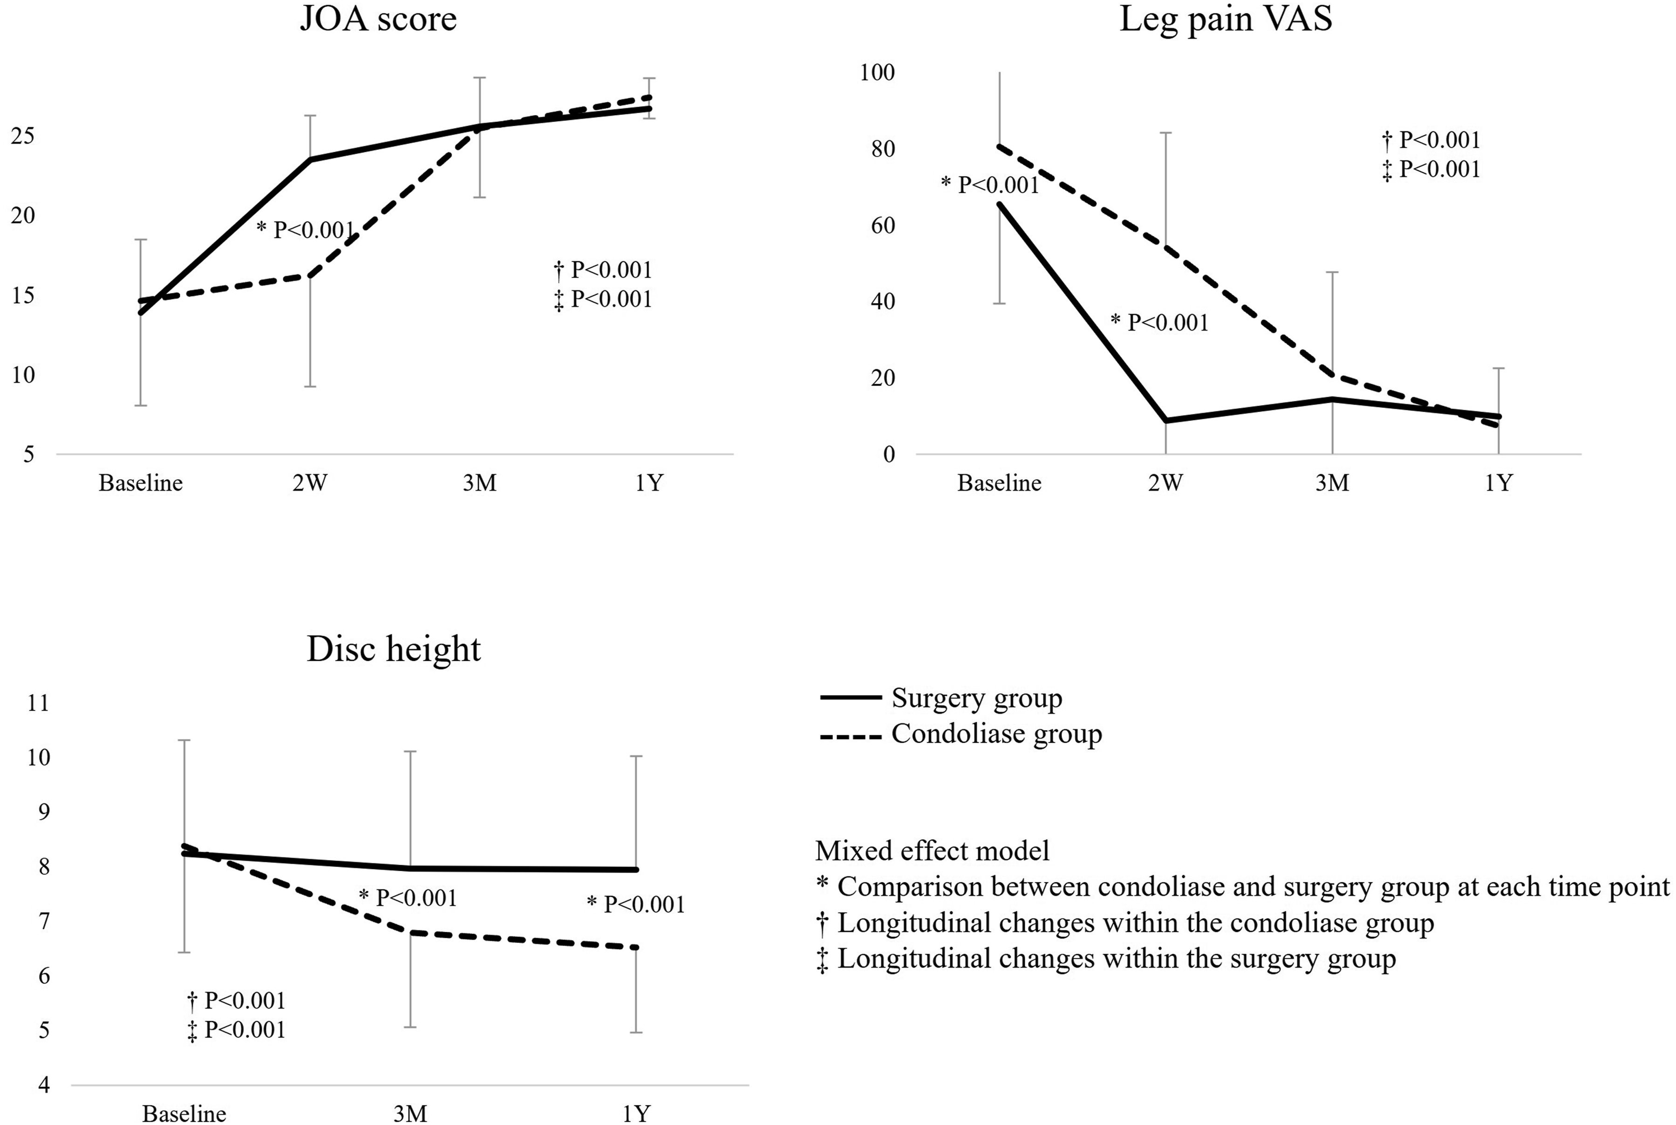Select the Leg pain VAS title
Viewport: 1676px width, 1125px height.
(1226, 19)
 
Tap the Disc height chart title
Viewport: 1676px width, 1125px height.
(393, 649)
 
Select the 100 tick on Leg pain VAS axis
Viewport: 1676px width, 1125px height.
(877, 73)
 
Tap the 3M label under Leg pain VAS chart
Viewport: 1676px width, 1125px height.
(1332, 483)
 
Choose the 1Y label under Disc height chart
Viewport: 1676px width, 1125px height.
(636, 1113)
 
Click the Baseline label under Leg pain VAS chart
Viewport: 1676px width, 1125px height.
(999, 483)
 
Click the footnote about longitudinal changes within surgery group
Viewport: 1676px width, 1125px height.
(1106, 959)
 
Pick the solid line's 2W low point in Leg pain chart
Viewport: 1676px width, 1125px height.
(1165, 420)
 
